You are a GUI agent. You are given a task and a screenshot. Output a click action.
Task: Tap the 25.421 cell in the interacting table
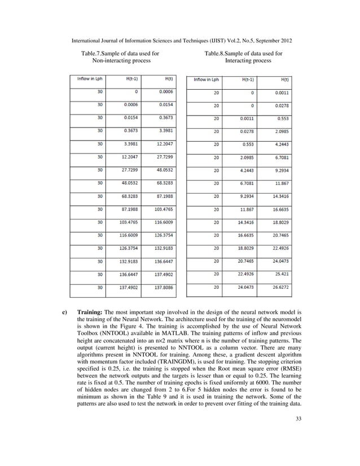point(280,274)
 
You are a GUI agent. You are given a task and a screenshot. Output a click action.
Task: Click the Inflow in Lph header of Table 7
point(90,79)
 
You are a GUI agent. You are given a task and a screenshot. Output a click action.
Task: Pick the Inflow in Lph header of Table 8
point(207,80)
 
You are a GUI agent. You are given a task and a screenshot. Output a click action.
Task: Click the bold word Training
point(91,311)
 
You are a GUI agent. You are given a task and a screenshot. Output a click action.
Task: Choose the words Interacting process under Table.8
point(251,61)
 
